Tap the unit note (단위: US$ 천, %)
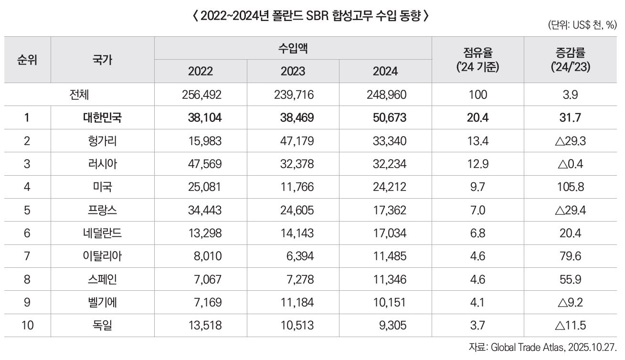(x=582, y=26)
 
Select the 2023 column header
(x=293, y=71)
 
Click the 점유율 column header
(x=477, y=59)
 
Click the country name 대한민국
(x=102, y=117)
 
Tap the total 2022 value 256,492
(x=201, y=95)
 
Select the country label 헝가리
(x=102, y=141)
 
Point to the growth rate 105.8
(x=571, y=187)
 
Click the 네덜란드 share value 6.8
(x=477, y=233)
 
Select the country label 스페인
(x=102, y=279)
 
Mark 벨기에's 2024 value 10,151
(x=390, y=302)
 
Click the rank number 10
(x=27, y=326)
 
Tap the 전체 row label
(x=79, y=95)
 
